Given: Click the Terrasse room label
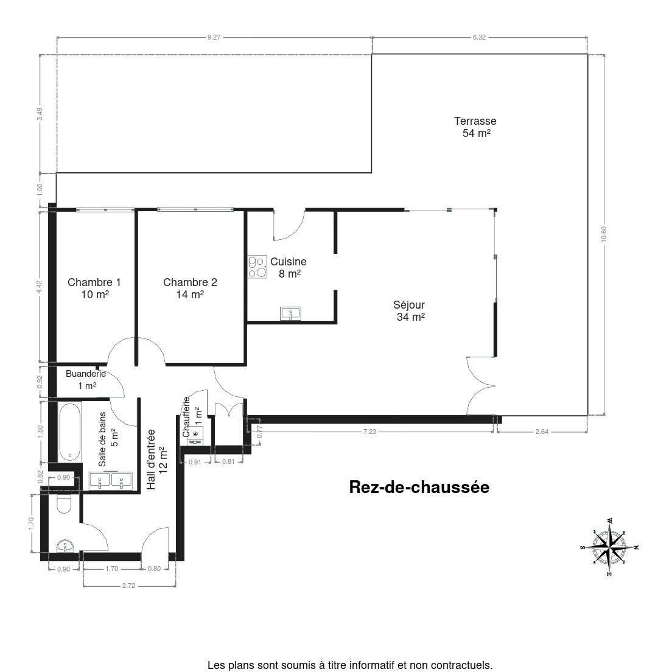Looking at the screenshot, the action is (475, 121).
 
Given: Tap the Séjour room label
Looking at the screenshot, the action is (409, 305).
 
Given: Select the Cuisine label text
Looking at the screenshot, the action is (289, 261).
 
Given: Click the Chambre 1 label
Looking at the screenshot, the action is (94, 282).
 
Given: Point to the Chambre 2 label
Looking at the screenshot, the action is (191, 282).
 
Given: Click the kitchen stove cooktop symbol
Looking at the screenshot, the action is (257, 267).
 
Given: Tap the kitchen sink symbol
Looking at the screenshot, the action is (290, 313).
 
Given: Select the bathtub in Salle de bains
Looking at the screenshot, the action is (69, 432).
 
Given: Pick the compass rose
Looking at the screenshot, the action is (609, 547).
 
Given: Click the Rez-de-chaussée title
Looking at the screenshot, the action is (419, 488).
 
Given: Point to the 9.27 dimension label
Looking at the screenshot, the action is (214, 37).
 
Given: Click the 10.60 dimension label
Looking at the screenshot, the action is (604, 234).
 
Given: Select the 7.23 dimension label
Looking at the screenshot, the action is (369, 432).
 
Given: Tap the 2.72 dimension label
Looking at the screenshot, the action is (128, 586).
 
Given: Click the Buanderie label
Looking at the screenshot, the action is (86, 374).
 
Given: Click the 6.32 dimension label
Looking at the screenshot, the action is (479, 37).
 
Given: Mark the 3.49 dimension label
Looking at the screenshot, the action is (40, 114).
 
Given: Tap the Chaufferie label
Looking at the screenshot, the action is (186, 417).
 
